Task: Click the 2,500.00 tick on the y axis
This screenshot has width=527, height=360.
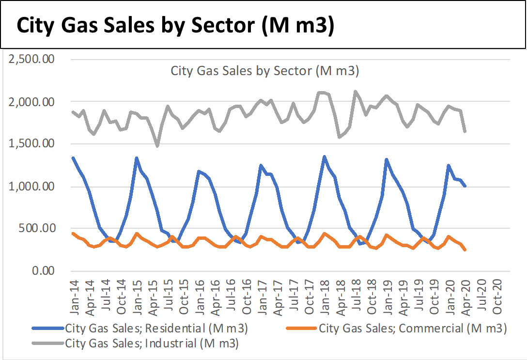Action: pyautogui.click(x=31, y=59)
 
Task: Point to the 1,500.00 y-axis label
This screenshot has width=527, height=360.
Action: pyautogui.click(x=31, y=143)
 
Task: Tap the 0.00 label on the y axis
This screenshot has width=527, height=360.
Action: pyautogui.click(x=43, y=270)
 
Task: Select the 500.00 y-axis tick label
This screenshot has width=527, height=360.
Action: pyautogui.click(x=37, y=228)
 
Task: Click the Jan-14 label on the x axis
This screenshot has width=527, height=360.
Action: pyautogui.click(x=74, y=297)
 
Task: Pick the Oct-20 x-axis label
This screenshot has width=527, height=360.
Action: pyautogui.click(x=497, y=297)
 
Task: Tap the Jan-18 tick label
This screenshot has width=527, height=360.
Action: pyautogui.click(x=325, y=297)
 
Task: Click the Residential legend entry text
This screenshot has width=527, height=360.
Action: pyautogui.click(x=156, y=329)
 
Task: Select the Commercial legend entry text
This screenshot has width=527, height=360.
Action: pyautogui.click(x=413, y=329)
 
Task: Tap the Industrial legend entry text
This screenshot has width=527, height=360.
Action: pyautogui.click(x=152, y=344)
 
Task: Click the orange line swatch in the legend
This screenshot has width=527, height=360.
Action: pyautogui.click(x=301, y=328)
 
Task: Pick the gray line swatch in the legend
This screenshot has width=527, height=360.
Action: pyautogui.click(x=48, y=343)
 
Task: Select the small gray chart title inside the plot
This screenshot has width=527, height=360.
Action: pyautogui.click(x=265, y=71)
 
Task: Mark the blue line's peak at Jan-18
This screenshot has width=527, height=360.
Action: pyautogui.click(x=325, y=157)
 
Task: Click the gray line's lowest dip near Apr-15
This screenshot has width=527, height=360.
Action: pyautogui.click(x=157, y=145)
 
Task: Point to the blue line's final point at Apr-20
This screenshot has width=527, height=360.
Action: pyautogui.click(x=465, y=186)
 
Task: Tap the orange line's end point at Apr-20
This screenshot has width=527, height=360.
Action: pyautogui.click(x=465, y=250)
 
